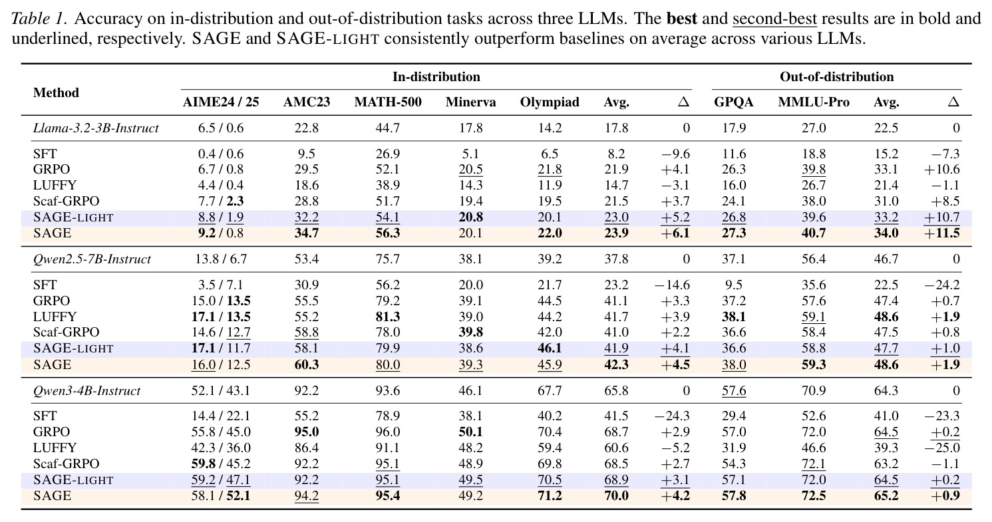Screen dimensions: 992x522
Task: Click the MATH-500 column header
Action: coord(387,102)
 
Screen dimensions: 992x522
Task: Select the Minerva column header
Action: coord(470,102)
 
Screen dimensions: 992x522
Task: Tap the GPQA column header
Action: coord(733,102)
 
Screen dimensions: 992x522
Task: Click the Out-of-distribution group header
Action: coord(836,76)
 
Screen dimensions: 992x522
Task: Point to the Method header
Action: coord(56,92)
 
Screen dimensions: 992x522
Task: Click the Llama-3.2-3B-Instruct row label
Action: coord(96,128)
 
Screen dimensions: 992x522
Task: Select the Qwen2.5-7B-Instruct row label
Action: coord(92,259)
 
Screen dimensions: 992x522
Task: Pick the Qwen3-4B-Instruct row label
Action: coord(86,390)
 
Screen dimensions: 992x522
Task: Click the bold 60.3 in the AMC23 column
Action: coord(307,364)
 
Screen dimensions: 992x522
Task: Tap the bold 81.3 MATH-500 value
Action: coord(387,317)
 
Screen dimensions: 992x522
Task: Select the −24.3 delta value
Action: coord(672,416)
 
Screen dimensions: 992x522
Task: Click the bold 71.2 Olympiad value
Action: coord(550,495)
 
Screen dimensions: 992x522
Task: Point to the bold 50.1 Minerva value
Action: coord(470,432)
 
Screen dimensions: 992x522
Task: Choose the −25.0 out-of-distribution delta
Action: coord(942,448)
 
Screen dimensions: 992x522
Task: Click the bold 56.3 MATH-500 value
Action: coord(387,233)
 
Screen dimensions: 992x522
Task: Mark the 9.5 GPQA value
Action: coord(734,285)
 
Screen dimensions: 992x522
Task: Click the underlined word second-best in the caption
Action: coord(774,19)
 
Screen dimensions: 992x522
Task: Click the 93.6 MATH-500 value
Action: coord(387,390)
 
